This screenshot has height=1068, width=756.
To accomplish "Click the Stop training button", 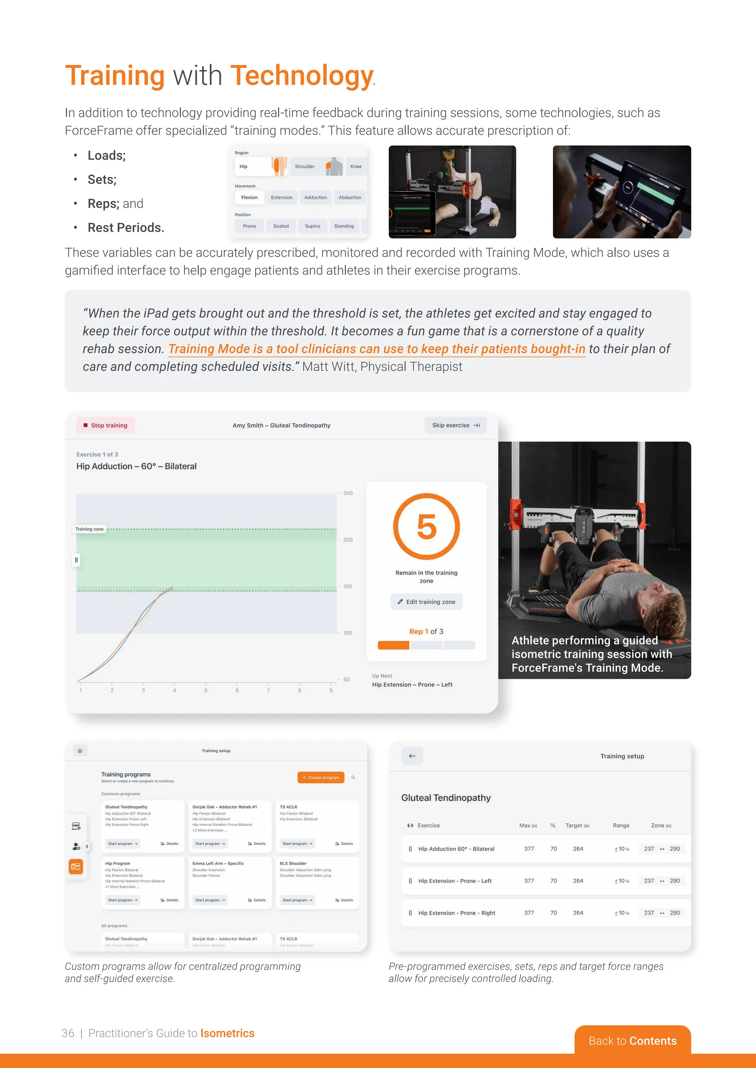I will coord(105,425).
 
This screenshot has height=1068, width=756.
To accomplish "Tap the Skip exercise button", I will coord(455,425).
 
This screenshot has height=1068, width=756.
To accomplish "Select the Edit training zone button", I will coord(426,601).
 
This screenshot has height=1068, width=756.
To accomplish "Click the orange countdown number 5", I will coord(426,527).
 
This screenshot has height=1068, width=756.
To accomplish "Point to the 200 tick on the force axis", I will coord(348,540).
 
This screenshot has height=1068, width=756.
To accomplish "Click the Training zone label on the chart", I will coord(89,529).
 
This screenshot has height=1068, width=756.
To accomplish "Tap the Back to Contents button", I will coord(632,1041).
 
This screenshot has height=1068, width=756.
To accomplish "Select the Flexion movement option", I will coord(249,197).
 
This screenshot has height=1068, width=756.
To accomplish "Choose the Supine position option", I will coord(312,226).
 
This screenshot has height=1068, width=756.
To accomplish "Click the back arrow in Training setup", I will coord(412,756).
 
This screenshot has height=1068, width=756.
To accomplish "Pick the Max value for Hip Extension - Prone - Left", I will coord(529,881).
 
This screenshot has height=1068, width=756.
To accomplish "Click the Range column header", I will coord(621,825).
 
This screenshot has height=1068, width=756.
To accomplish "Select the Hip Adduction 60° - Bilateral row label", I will coord(456,849).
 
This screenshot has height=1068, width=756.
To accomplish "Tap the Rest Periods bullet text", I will coord(126,228).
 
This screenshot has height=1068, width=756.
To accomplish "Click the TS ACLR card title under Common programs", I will coord(288,807).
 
